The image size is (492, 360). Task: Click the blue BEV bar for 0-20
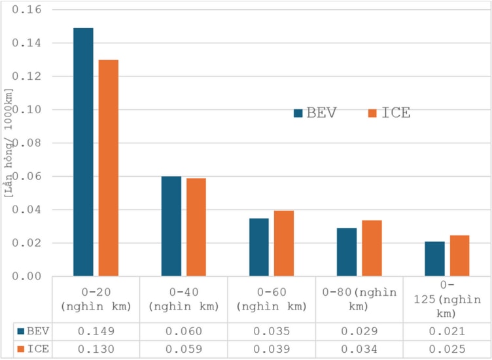click(83, 152)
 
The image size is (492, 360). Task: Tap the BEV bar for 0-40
click(171, 226)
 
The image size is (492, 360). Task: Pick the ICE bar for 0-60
click(284, 243)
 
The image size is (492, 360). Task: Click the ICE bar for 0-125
click(459, 255)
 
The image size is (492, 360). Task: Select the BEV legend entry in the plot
click(315, 113)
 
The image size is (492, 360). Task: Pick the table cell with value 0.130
click(96, 349)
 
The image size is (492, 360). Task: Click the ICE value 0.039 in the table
click(272, 349)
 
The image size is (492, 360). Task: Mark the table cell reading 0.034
click(359, 349)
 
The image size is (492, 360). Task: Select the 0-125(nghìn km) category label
click(447, 298)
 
